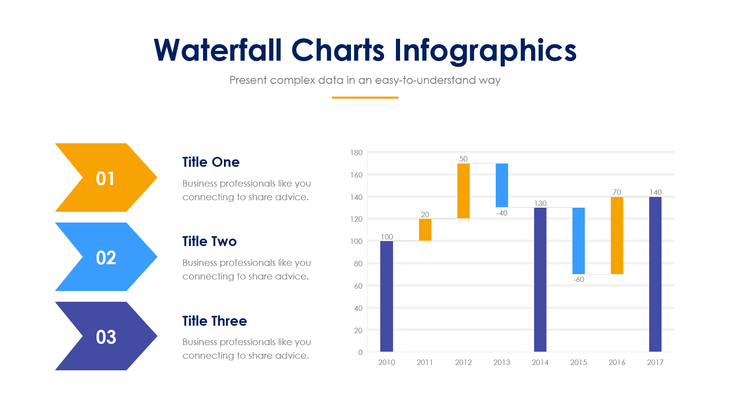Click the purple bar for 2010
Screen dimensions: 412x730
[x=386, y=296]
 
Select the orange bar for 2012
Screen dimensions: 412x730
[x=463, y=191]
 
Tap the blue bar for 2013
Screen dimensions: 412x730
[x=502, y=185]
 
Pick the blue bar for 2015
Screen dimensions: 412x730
[x=578, y=241]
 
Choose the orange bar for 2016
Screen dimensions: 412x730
[x=617, y=235]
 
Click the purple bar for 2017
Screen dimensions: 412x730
[x=655, y=274]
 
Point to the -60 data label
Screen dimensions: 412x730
[x=579, y=279]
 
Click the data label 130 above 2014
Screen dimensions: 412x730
[x=540, y=203]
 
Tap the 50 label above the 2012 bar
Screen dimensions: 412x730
[x=463, y=159]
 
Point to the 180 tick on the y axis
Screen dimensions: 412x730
[x=356, y=153]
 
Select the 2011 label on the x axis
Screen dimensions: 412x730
[x=425, y=362]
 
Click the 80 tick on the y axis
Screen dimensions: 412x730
[x=358, y=263]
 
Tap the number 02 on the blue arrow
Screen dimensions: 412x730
[x=106, y=258]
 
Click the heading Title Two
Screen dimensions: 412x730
[x=210, y=241]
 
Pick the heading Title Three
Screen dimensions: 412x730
[x=214, y=321]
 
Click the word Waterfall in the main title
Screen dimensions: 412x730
[x=218, y=50]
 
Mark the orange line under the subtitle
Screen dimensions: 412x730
[x=365, y=97]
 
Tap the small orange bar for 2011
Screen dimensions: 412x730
[x=425, y=230]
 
